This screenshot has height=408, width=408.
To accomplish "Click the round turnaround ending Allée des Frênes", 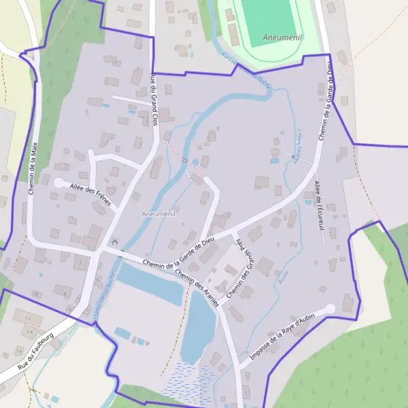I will click(58, 182).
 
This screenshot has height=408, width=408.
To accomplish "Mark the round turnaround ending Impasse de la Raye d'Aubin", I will click(330, 309).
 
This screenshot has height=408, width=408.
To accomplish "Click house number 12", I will click(28, 318).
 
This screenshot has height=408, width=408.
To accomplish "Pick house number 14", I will click(30, 331).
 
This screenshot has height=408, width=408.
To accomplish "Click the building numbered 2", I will click(80, 261).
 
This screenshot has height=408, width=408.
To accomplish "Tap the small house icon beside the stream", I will click(114, 241).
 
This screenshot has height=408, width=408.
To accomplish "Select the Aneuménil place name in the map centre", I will click(158, 214).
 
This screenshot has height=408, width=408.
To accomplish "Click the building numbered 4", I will click(65, 294).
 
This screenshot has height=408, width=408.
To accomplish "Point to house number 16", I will click(18, 350).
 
